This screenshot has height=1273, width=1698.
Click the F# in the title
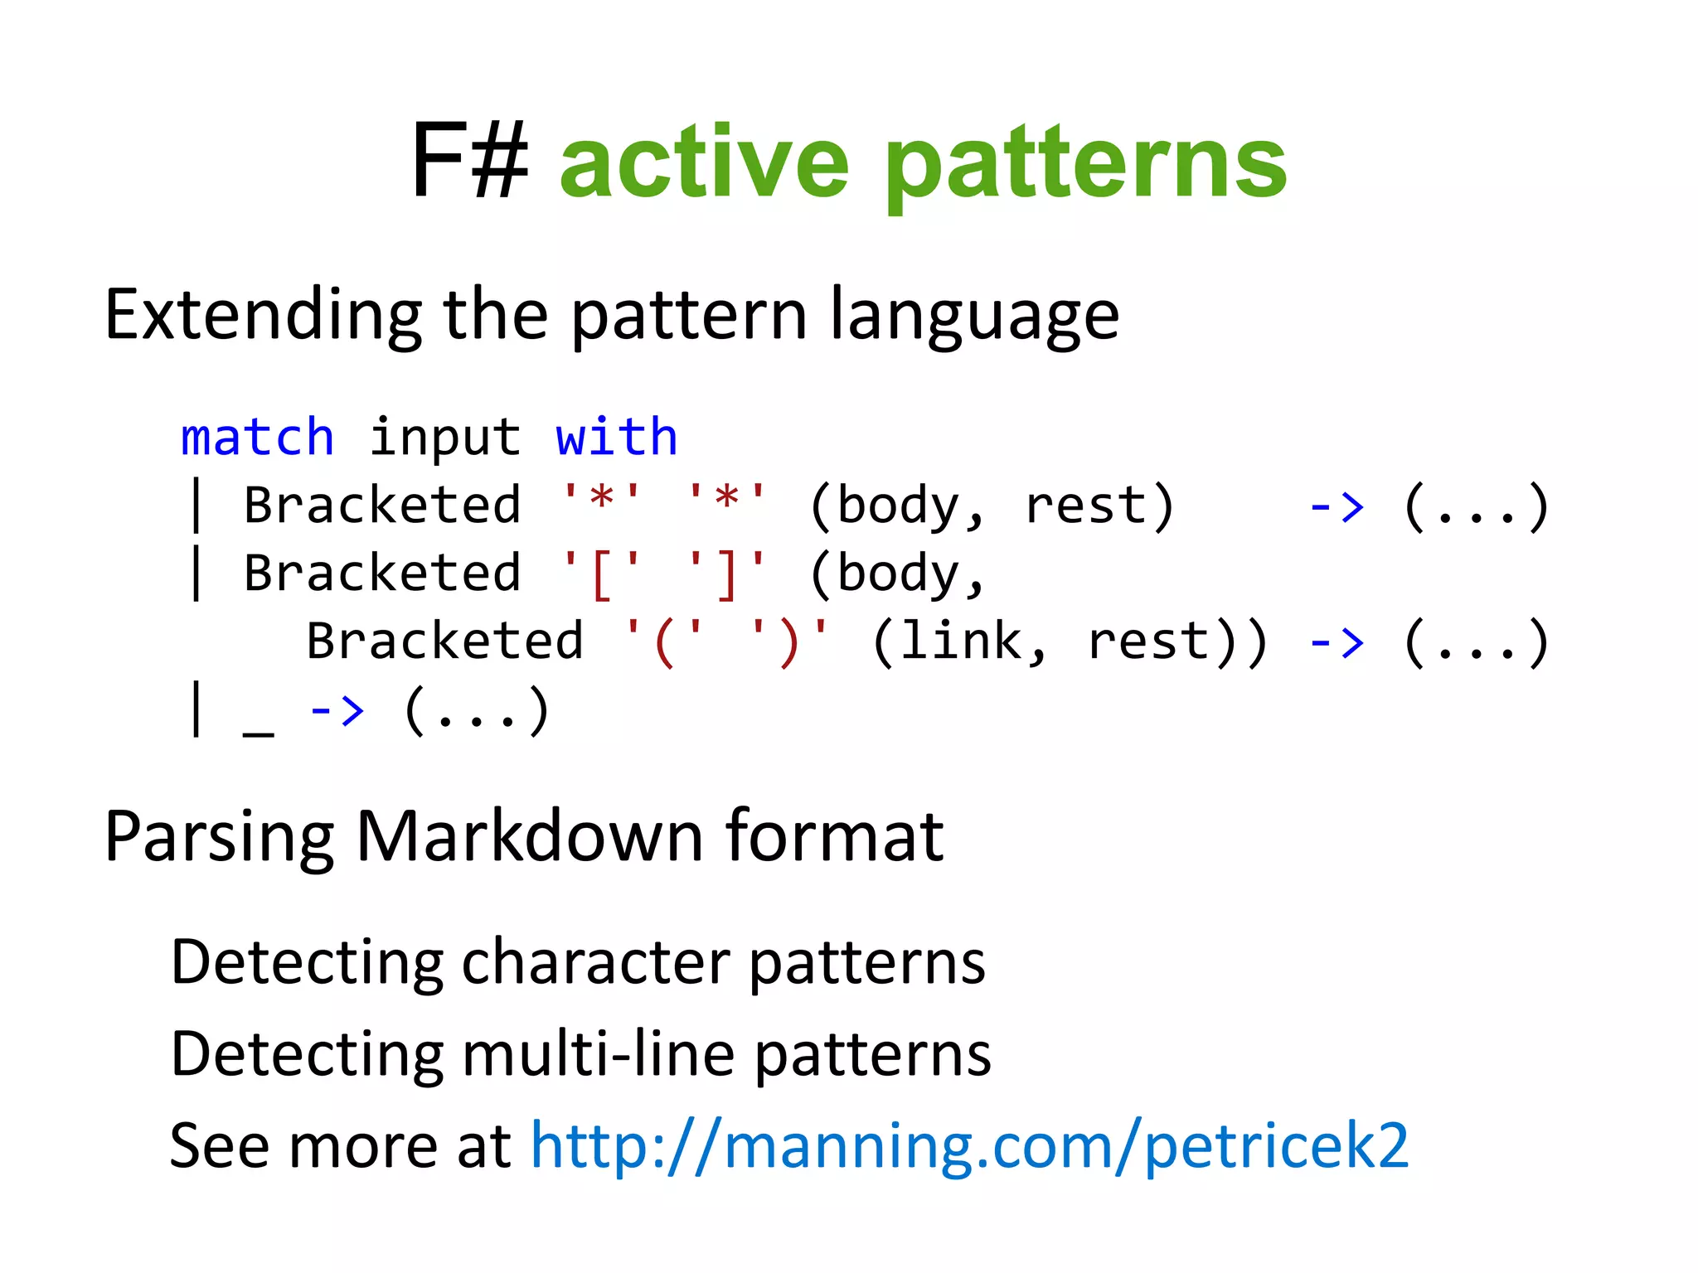(x=469, y=162)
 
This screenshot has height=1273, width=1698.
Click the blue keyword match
(x=257, y=438)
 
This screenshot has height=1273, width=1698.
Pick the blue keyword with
(x=617, y=438)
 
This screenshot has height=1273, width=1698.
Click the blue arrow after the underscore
(x=336, y=711)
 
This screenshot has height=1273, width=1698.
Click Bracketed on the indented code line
(x=445, y=642)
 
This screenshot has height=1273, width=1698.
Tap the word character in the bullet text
(x=595, y=963)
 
